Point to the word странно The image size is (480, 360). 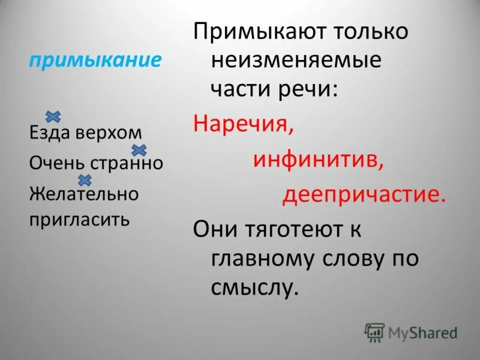coord(127,163)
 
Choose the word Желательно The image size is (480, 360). coord(84,194)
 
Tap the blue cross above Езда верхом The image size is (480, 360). coord(53,116)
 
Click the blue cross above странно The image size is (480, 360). coord(139,149)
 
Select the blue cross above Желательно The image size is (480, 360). coord(85,179)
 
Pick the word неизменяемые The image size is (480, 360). coord(296,61)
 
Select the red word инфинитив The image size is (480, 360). coord(318,160)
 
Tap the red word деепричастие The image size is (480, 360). coord(364,196)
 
